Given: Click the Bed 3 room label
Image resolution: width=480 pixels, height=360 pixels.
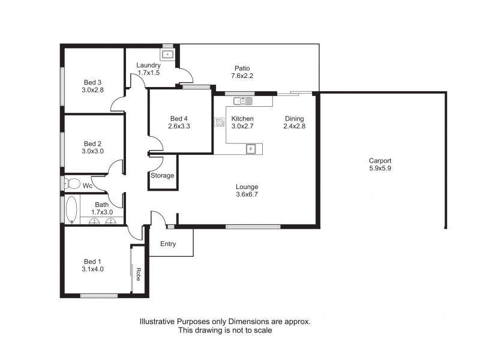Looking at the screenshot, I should pos(92,83).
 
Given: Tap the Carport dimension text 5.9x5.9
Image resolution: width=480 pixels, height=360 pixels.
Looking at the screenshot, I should pos(380,169).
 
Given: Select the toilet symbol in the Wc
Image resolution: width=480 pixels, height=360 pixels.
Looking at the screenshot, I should pos(72,182).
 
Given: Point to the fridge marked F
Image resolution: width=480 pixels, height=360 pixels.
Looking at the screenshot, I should pos(251,148).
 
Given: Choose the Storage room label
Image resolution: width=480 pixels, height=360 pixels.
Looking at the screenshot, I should pos(162,176).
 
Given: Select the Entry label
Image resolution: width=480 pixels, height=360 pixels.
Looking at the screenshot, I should pos(169,244).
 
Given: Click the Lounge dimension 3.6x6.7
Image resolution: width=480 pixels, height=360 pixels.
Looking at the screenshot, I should pos(247,195).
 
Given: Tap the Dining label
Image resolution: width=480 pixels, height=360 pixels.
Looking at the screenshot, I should pos(294,119).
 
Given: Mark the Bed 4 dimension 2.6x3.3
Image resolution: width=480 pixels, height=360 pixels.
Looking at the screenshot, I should pos(179,126).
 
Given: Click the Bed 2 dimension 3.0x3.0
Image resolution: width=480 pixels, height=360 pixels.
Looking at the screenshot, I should pos(92,152).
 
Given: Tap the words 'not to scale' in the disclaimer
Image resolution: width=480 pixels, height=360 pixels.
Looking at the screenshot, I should pos(251,331).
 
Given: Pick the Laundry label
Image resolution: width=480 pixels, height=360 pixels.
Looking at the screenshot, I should pos(148,65).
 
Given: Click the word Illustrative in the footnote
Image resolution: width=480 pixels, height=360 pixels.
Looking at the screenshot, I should pos(158,322).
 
